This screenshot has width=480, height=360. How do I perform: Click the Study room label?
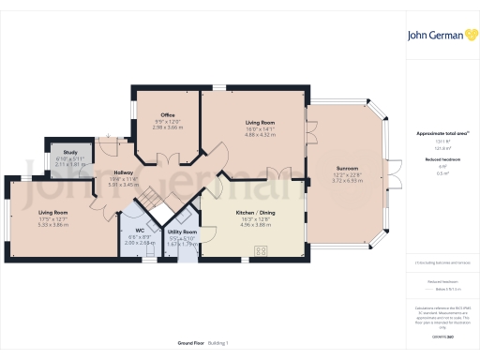(x=69, y=151)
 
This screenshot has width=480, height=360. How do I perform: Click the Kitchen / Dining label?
(x=256, y=215)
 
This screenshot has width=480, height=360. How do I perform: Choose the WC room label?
(x=139, y=231)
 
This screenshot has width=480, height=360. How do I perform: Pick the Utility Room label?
(x=182, y=232)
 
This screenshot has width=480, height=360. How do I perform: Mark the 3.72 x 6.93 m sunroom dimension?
(x=346, y=181)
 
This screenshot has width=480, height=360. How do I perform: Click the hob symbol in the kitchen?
(x=260, y=247)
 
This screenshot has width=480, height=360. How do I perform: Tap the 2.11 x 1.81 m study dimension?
(x=69, y=163)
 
